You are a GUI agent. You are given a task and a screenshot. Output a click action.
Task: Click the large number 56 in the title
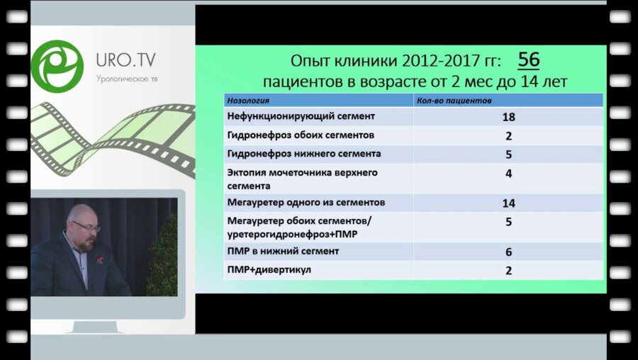point(528,59)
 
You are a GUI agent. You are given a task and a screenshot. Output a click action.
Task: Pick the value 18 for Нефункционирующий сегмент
point(508,117)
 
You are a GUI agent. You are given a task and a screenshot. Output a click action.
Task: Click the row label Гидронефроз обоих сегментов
point(301,135)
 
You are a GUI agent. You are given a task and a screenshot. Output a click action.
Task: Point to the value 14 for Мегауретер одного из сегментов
point(508,203)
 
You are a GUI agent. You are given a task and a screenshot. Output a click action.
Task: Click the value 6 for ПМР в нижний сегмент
point(508,252)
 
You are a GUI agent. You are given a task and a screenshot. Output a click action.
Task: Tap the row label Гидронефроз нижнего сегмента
point(304,153)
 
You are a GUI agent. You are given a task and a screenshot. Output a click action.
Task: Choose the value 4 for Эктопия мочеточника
point(508,173)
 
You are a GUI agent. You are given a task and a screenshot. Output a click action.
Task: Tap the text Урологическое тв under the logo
point(128,78)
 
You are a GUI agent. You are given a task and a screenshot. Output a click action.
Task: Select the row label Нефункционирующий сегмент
point(301,116)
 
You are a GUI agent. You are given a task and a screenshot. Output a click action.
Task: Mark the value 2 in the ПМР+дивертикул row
point(508,270)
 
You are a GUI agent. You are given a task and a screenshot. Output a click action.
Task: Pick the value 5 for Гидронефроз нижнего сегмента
point(508,154)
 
